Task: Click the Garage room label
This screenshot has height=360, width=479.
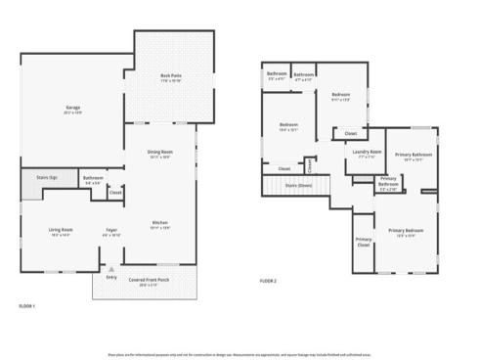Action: (x=72, y=108)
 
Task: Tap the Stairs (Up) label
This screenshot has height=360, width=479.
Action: (x=45, y=178)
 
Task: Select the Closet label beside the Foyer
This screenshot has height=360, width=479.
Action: (x=114, y=193)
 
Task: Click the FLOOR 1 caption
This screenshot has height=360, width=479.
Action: (x=27, y=306)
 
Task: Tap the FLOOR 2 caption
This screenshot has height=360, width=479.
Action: (x=268, y=281)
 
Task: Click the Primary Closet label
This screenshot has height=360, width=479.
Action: (x=364, y=241)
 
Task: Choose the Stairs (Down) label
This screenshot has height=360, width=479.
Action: (x=297, y=184)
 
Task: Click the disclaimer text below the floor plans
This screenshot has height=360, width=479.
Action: (x=239, y=353)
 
